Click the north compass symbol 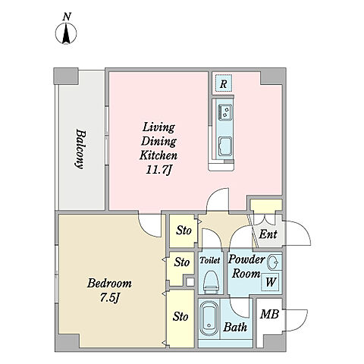66,33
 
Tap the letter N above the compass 67,17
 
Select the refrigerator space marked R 223,83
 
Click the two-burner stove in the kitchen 224,111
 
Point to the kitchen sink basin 224,146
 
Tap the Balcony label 80,149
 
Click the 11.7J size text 158,170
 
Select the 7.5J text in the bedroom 109,298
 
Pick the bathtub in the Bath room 209,318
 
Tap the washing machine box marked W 270,281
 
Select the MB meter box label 269,314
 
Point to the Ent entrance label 268,234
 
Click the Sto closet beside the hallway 184,231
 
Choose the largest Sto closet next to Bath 180,318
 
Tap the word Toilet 210,260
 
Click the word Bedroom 109,283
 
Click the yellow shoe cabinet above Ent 266,205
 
